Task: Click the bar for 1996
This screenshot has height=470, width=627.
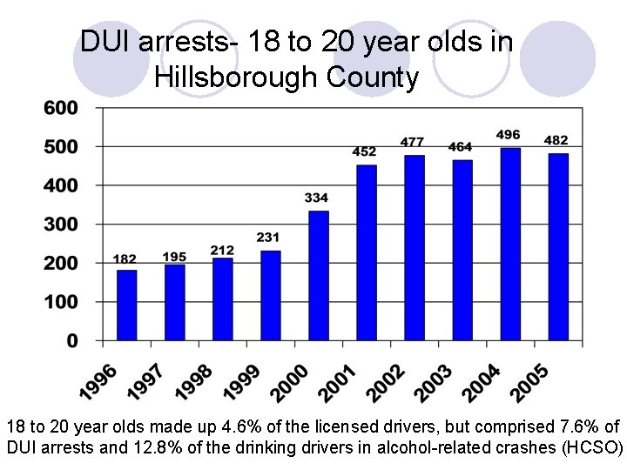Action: (x=127, y=305)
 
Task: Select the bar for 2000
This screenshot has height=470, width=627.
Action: (x=319, y=275)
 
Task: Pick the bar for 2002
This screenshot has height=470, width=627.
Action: (x=415, y=247)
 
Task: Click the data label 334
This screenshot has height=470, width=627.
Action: (x=317, y=198)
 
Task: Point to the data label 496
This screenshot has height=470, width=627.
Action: (x=509, y=135)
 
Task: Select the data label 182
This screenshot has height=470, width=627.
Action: (x=125, y=259)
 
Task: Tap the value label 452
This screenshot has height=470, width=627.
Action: (x=364, y=152)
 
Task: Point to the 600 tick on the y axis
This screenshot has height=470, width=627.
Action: (x=61, y=108)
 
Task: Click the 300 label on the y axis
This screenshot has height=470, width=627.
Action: (x=61, y=224)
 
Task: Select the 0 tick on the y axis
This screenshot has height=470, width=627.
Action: (x=73, y=340)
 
